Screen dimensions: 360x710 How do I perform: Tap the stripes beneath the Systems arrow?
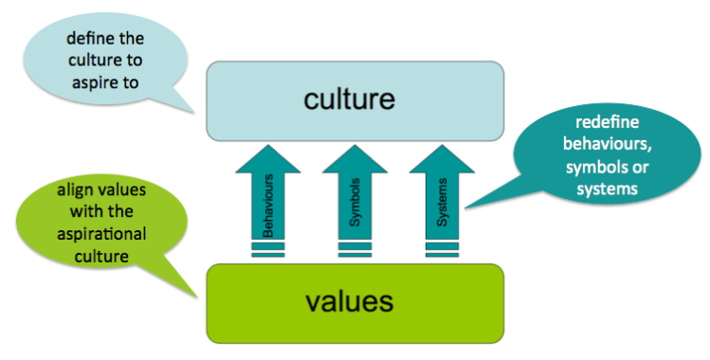pyautogui.click(x=442, y=249)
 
